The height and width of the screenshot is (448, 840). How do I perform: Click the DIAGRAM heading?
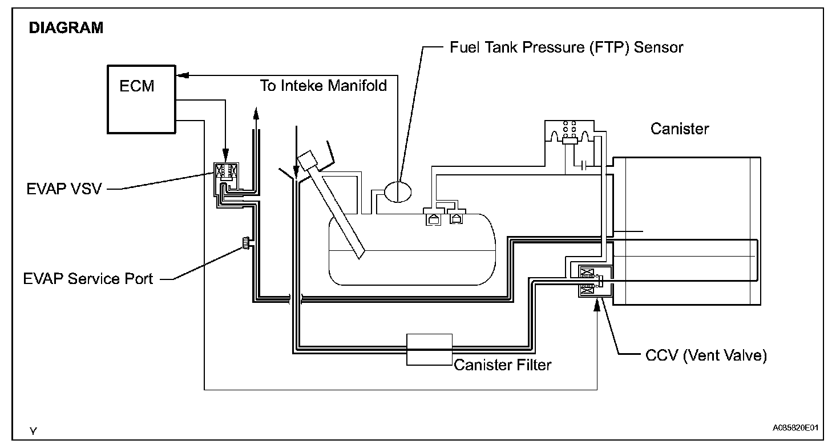pyautogui.click(x=66, y=28)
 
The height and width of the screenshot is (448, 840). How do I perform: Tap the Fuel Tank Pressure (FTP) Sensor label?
pyautogui.click(x=566, y=47)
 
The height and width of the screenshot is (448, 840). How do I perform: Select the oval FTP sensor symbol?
pyautogui.click(x=398, y=192)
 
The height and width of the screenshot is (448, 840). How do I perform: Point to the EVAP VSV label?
pyautogui.click(x=64, y=189)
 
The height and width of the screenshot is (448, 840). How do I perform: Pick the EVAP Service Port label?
pyautogui.click(x=88, y=279)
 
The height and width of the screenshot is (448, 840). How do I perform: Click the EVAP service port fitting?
pyautogui.click(x=247, y=243)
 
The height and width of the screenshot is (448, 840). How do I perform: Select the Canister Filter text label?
pyautogui.click(x=503, y=365)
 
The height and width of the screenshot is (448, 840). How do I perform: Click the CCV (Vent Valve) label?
pyautogui.click(x=706, y=355)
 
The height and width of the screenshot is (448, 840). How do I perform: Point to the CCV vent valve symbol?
pyautogui.click(x=595, y=281)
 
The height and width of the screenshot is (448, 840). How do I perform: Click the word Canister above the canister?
pyautogui.click(x=680, y=129)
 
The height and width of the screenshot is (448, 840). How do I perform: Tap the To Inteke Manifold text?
pyautogui.click(x=323, y=86)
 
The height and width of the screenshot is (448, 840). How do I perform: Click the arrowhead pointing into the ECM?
pyautogui.click(x=182, y=75)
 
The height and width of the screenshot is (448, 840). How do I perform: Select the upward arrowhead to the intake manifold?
pyautogui.click(x=256, y=113)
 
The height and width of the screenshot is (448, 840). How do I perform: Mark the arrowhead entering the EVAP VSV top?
pyautogui.click(x=225, y=155)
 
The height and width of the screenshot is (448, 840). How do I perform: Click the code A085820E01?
pyautogui.click(x=795, y=428)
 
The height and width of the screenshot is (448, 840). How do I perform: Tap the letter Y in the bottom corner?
pyautogui.click(x=33, y=431)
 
